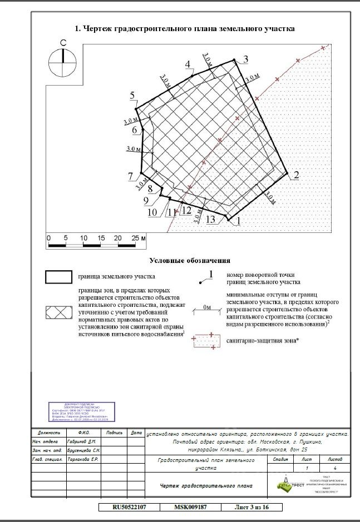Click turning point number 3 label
[x=245, y=59]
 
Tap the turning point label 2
[x=296, y=176]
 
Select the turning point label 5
[x=133, y=96]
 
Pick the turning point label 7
[x=130, y=177]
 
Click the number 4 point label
[x=189, y=64]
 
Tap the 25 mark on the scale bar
[x=134, y=238]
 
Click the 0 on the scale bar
[x=49, y=238]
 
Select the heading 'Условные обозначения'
[x=189, y=260]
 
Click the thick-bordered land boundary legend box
[x=58, y=276]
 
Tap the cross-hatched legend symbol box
[x=58, y=312]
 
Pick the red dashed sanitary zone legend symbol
[x=204, y=341]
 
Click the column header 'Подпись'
[x=114, y=432]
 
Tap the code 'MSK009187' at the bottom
[x=190, y=507]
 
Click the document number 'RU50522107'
[x=129, y=507]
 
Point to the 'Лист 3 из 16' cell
[x=252, y=507]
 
